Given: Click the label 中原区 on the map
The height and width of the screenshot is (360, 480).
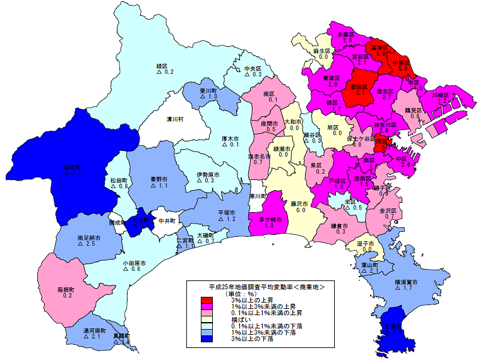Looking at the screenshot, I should click(402, 64).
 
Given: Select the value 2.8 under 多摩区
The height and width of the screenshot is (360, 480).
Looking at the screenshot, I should click(347, 40).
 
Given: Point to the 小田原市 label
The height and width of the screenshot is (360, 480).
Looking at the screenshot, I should click(135, 262).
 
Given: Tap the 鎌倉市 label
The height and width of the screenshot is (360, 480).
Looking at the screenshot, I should click(340, 225).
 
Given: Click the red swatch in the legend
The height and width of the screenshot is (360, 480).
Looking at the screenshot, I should click(207, 300).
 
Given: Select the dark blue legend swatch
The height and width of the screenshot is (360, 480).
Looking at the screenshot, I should click(207, 339).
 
